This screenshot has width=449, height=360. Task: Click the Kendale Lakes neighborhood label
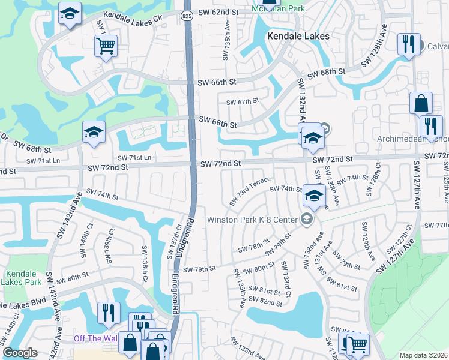298,36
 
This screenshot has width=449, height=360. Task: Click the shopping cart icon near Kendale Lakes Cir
106,46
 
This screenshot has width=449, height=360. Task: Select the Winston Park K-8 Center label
252,220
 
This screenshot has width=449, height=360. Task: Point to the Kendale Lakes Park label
20,277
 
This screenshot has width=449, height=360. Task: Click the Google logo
20,353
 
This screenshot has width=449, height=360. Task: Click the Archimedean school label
414,139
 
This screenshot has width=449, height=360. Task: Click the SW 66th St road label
218,82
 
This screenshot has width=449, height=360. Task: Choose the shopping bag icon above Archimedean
421,104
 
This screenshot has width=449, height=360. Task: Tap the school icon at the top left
70,14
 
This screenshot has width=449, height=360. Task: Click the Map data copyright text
423,355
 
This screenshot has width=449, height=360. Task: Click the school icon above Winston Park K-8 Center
314,196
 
